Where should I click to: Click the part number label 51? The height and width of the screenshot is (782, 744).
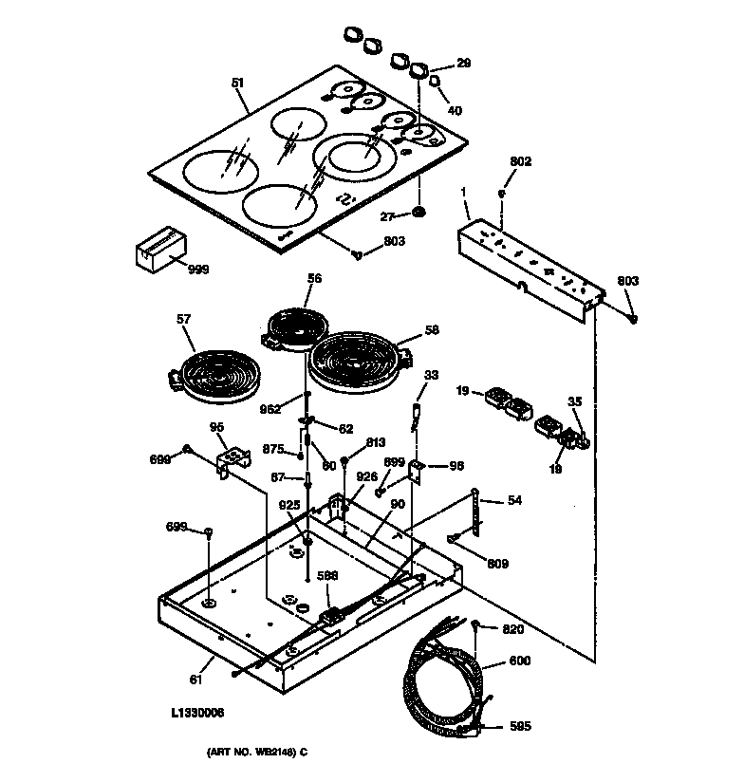pyautogui.click(x=237, y=84)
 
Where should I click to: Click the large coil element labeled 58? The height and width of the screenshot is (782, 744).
pyautogui.click(x=360, y=363)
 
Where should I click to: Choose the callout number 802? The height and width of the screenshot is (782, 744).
pyautogui.click(x=520, y=162)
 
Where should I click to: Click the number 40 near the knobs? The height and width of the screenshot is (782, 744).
pyautogui.click(x=455, y=111)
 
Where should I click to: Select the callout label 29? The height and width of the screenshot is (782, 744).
pyautogui.click(x=463, y=64)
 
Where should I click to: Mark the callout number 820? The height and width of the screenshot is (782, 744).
pyautogui.click(x=512, y=628)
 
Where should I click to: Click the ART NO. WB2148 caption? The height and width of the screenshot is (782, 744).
pyautogui.click(x=256, y=753)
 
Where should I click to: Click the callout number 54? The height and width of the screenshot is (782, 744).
pyautogui.click(x=514, y=500)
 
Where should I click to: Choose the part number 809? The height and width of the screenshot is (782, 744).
pyautogui.click(x=497, y=564)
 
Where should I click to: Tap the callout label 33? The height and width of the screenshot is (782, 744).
pyautogui.click(x=431, y=376)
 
